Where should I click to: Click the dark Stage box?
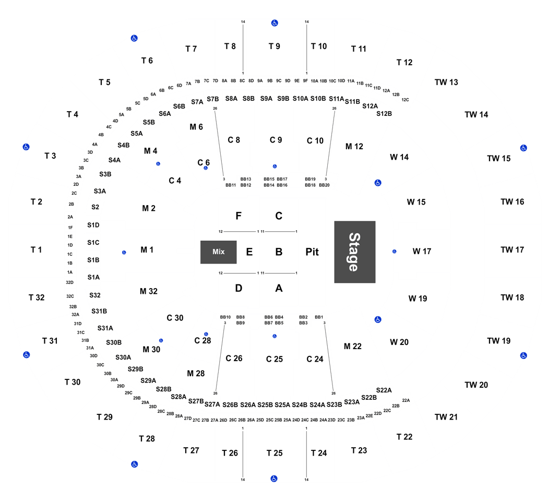click(x=355, y=252)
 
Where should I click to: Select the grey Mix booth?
click(x=219, y=252)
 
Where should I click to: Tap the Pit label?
click(x=312, y=252)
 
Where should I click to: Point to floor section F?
click(x=239, y=216)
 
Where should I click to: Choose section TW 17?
click(x=512, y=250)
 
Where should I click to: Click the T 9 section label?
click(x=275, y=46)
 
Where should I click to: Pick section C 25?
click(x=275, y=359)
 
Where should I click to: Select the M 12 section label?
click(x=354, y=147)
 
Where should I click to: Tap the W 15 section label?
click(x=416, y=202)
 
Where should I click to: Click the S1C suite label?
click(x=93, y=243)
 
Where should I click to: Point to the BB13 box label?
click(x=246, y=179)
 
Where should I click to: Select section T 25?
click(x=275, y=453)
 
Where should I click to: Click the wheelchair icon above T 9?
click(x=275, y=23)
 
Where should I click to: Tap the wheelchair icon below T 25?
click(x=274, y=479)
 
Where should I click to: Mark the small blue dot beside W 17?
click(x=394, y=252)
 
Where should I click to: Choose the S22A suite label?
click(x=384, y=390)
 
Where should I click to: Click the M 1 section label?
click(x=147, y=250)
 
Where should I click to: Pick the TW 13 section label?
click(x=446, y=82)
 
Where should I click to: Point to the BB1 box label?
click(x=319, y=317)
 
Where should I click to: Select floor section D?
click(x=239, y=288)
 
